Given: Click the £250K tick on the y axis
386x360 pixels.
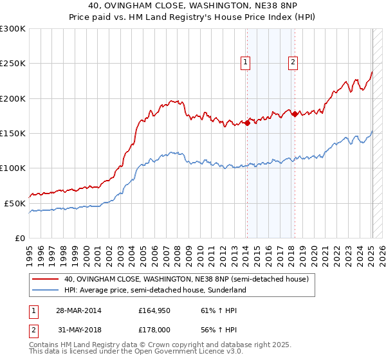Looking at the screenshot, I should (13, 64).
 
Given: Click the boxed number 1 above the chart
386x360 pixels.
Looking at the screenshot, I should (246, 62).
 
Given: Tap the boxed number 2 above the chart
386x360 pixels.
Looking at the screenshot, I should (293, 62).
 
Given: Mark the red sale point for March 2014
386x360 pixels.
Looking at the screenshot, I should (247, 123).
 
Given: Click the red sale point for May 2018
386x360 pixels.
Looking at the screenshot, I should (295, 114).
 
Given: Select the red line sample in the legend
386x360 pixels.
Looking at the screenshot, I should (46, 280).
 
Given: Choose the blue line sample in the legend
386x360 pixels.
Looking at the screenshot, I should (46, 290).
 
